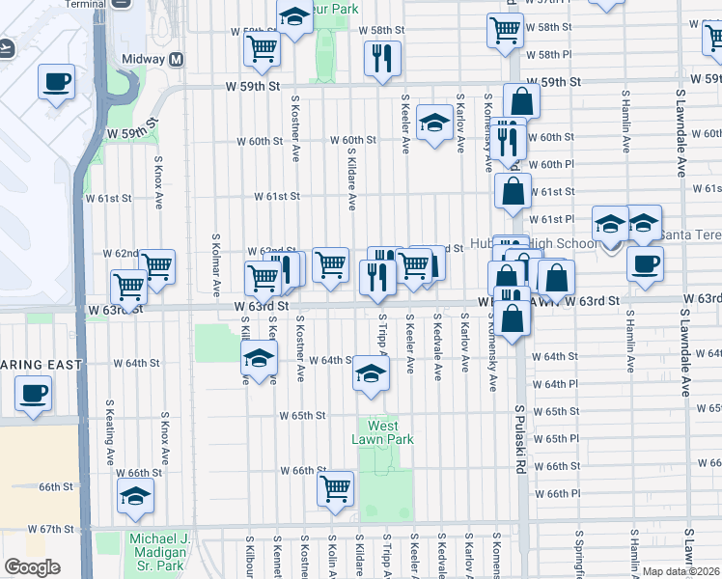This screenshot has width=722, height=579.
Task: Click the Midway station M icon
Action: click(x=176, y=59)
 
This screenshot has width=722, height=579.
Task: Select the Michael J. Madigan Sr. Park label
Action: click(x=155, y=551)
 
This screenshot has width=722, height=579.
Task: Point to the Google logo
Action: click(x=32, y=567)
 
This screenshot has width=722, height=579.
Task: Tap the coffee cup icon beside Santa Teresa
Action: click(x=645, y=263)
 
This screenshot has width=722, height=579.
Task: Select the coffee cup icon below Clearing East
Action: click(x=34, y=394)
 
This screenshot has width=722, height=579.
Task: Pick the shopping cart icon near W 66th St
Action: click(x=335, y=488)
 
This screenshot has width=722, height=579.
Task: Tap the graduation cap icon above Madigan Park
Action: click(x=135, y=497)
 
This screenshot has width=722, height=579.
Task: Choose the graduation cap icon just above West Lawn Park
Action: click(x=370, y=373)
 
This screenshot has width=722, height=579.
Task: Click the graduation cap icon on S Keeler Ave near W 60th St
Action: click(x=435, y=123)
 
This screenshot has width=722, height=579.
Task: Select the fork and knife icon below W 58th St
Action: click(x=382, y=58)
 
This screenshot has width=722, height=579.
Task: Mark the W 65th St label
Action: click(x=303, y=415)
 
